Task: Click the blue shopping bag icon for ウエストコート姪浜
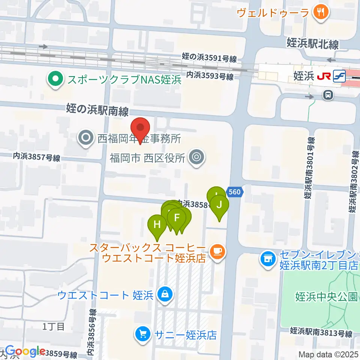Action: coord(165,295)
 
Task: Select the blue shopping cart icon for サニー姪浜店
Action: coord(142,334)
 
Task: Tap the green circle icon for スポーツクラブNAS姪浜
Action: coord(55,79)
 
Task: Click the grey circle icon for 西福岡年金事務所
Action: coord(86,139)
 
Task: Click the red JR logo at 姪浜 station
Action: coord(323,76)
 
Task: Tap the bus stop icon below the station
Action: coord(328,95)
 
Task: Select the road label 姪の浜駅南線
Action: coord(97,110)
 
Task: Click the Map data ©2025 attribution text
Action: coord(328,354)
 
